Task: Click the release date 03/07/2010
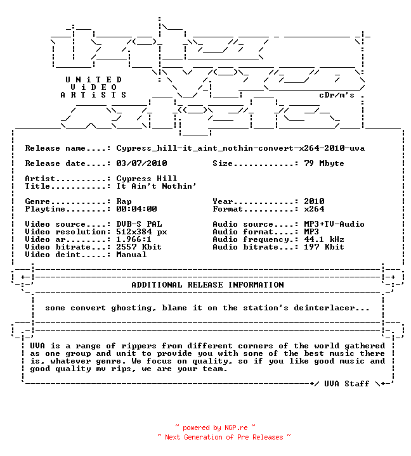click(x=141, y=163)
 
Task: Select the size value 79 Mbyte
click(x=324, y=163)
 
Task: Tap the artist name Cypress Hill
click(x=147, y=179)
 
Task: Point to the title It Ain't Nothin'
click(x=157, y=186)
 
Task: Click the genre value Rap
click(x=124, y=201)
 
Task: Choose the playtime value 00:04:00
click(x=136, y=209)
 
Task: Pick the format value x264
click(x=314, y=209)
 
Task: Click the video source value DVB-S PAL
click(x=139, y=224)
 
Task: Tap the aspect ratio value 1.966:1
click(x=134, y=239)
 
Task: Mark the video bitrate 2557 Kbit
click(x=139, y=247)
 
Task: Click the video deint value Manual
click(x=131, y=255)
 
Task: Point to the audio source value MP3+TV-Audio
click(x=334, y=224)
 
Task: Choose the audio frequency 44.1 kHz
click(x=324, y=239)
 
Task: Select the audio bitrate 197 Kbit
click(x=324, y=247)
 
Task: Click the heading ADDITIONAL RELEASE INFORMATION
click(x=207, y=285)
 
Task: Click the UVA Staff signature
click(x=347, y=384)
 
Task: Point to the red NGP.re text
click(x=236, y=427)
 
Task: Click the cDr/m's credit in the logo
click(x=337, y=95)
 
